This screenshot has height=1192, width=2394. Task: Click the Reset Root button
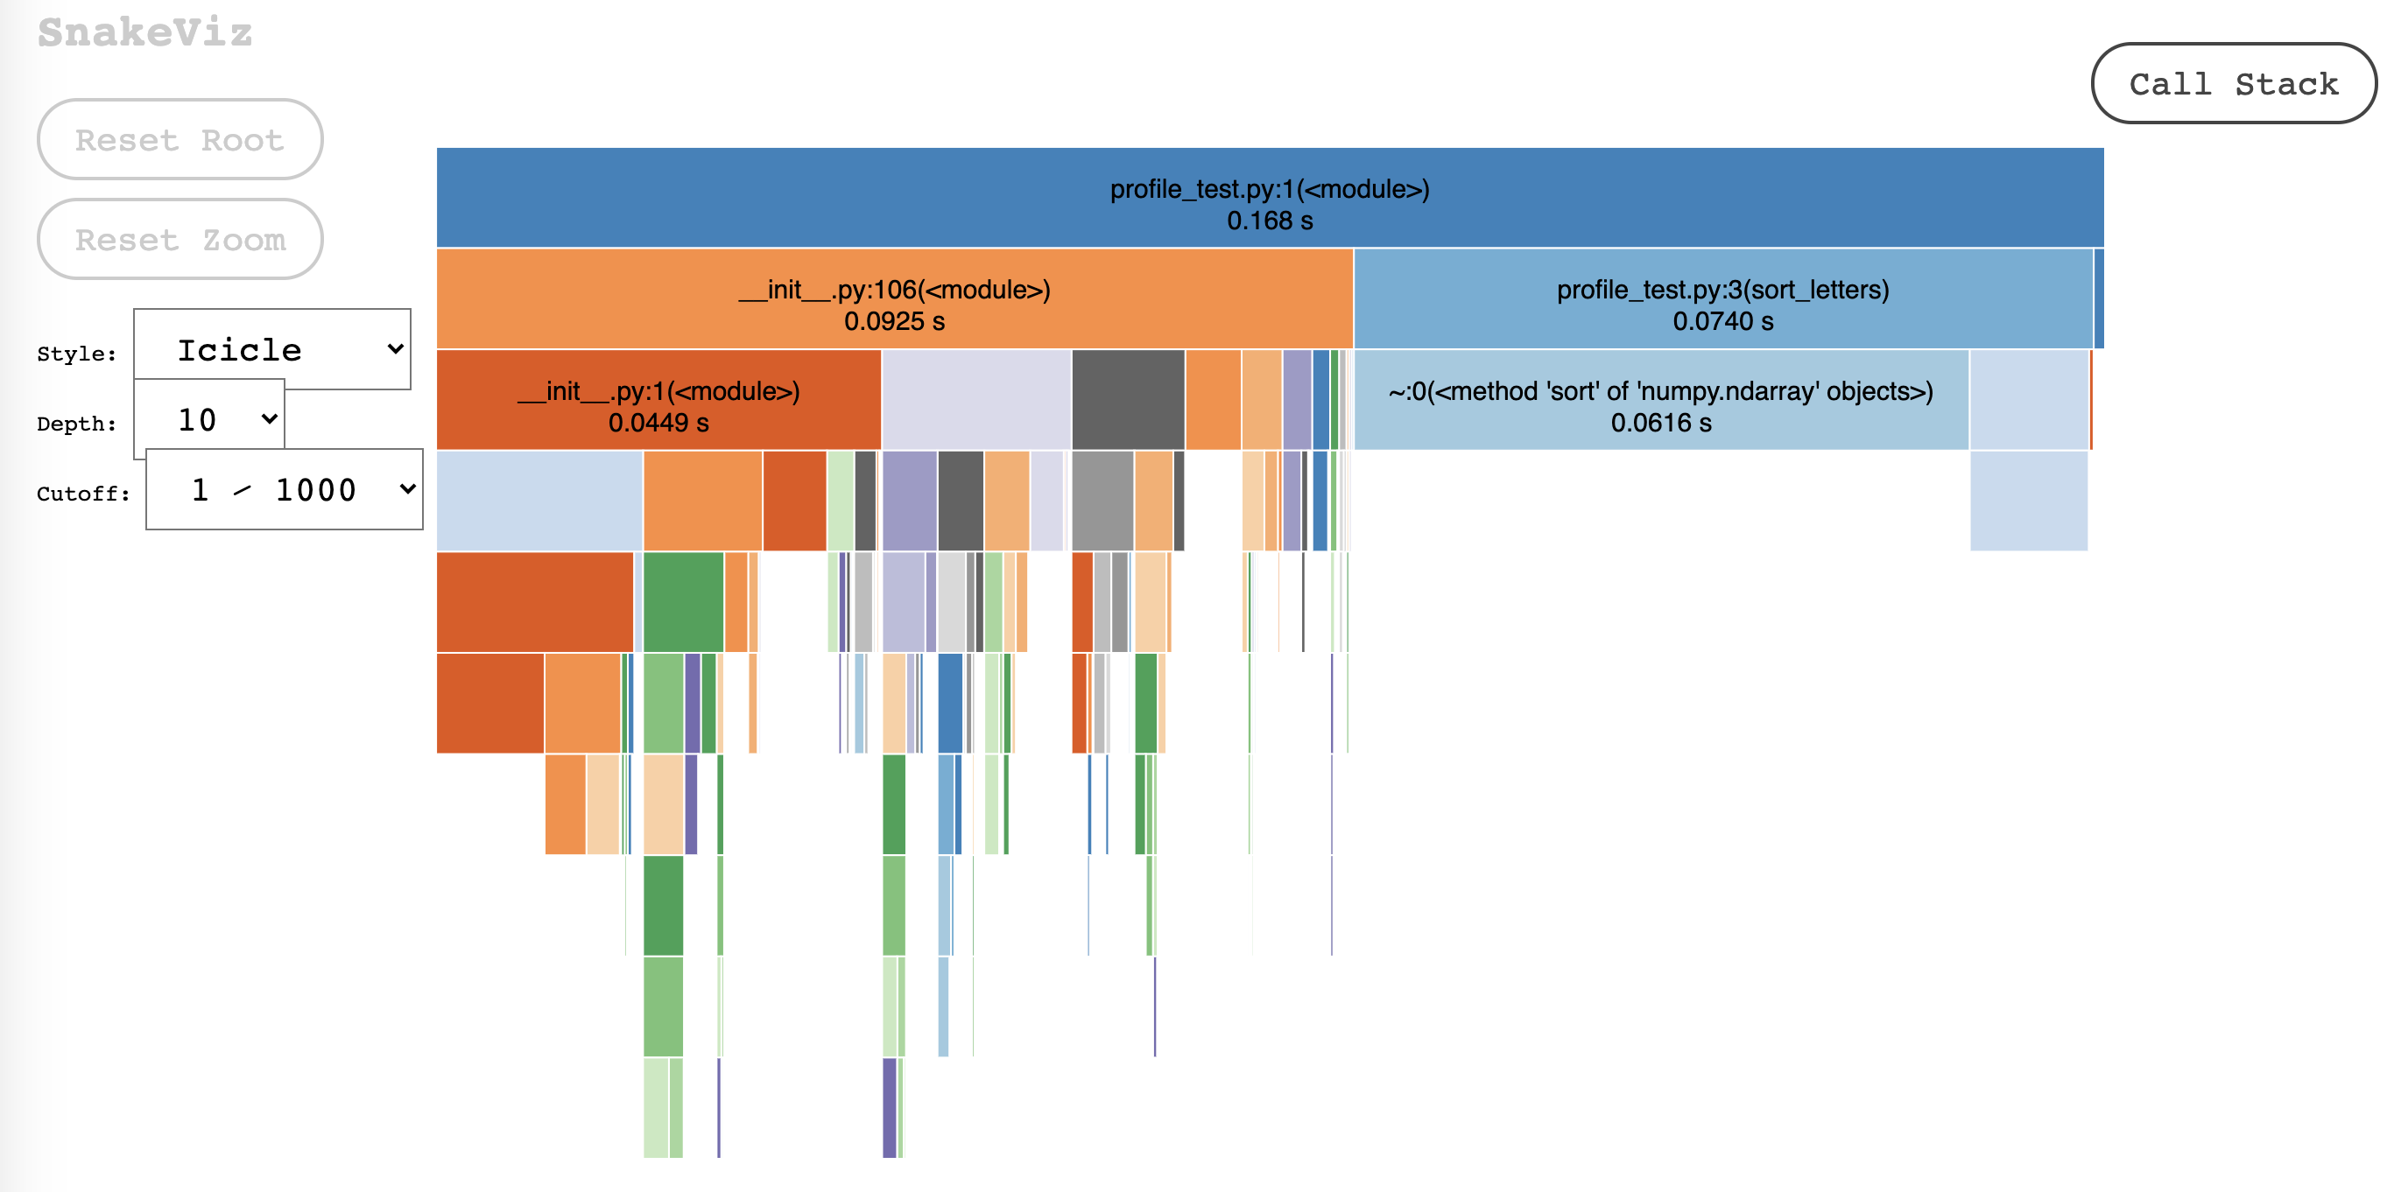(180, 139)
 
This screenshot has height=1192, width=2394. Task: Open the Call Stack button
(2232, 84)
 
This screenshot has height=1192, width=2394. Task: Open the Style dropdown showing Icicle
(272, 349)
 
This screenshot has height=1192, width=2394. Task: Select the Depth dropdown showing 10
(210, 419)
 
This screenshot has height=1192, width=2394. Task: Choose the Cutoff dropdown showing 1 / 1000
(285, 489)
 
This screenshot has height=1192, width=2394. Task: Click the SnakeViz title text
(145, 32)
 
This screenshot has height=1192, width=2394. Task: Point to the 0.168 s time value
(1270, 221)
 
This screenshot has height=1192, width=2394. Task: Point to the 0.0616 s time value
(1660, 424)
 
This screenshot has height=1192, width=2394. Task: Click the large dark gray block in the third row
(1127, 399)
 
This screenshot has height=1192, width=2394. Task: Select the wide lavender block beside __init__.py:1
(975, 399)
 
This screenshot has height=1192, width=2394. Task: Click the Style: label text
(77, 354)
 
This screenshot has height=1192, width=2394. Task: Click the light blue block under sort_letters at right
(2028, 399)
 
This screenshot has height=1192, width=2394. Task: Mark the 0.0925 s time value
(894, 322)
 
